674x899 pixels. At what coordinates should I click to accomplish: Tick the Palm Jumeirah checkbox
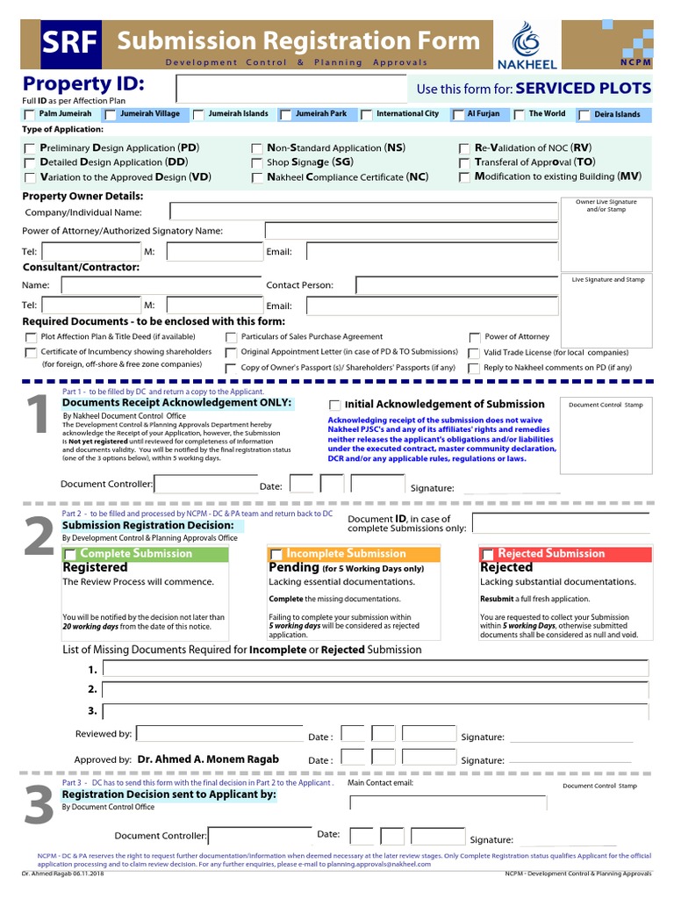tap(31, 115)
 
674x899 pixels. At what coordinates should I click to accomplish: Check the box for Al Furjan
tap(459, 115)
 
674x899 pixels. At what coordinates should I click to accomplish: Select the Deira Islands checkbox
tap(584, 115)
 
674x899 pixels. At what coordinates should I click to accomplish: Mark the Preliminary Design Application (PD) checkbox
tap(31, 149)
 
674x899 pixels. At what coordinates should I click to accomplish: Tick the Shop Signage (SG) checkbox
tap(256, 163)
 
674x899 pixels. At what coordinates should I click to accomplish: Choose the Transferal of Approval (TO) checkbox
tap(465, 163)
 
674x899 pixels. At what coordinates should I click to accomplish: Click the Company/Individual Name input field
tap(363, 212)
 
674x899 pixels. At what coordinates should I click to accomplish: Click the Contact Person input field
tap(456, 284)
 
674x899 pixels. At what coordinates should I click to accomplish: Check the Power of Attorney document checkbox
tap(475, 337)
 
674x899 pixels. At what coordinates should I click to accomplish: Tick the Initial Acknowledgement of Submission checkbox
tap(334, 405)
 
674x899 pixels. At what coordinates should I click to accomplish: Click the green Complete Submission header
tap(146, 554)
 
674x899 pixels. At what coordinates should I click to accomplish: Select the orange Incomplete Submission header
tap(353, 554)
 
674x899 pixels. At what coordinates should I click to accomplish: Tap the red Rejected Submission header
tap(565, 554)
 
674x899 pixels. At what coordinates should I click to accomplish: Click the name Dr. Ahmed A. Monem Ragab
tap(208, 759)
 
